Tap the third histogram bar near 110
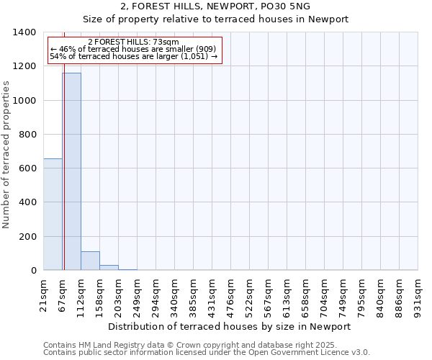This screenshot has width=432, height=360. pos(90,261)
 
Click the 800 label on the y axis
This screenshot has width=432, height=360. pos(27,135)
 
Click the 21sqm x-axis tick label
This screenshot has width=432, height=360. pos(44,294)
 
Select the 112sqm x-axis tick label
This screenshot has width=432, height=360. pos(81,295)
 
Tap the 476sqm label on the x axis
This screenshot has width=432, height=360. pos(231,295)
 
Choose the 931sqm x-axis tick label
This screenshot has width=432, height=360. pos(418,295)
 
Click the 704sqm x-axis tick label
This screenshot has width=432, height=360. pos(325,295)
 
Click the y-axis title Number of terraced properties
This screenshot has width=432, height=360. pos(7,155)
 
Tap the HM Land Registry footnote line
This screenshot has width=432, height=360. pos(190,345)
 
